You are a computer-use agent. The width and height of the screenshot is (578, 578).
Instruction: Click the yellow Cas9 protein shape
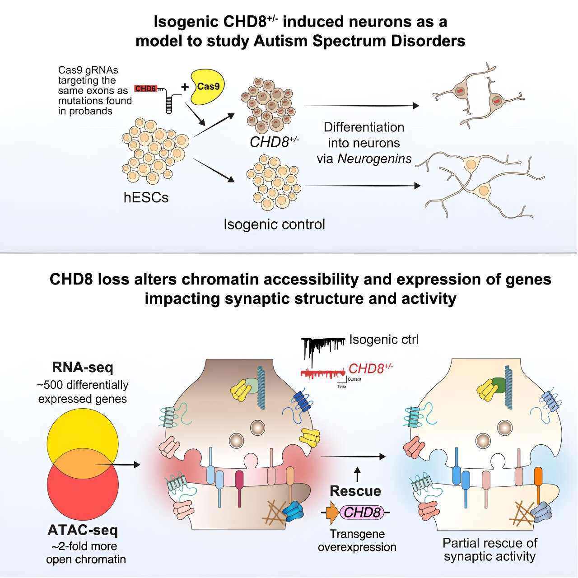(207, 87)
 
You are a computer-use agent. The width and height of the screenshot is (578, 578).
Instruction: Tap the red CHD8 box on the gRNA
(145, 89)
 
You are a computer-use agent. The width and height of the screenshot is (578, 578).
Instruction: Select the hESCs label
(146, 197)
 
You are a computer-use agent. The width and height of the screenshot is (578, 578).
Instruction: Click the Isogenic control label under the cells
(274, 224)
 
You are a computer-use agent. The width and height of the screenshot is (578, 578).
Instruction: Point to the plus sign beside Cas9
(185, 87)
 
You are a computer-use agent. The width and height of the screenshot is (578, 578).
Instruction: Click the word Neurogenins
(374, 159)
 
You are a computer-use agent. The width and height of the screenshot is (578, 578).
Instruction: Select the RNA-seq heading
(83, 367)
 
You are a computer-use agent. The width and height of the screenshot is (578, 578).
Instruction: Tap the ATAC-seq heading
(83, 530)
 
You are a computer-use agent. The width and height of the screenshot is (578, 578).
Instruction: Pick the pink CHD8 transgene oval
(362, 512)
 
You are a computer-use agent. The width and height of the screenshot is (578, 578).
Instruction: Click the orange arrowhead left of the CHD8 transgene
(333, 513)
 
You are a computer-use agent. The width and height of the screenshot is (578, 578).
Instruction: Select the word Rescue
(355, 491)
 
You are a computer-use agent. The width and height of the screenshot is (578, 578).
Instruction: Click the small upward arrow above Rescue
(357, 474)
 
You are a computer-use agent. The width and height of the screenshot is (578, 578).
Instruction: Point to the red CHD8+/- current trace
(322, 374)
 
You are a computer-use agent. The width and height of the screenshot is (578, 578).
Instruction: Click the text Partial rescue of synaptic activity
(489, 550)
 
